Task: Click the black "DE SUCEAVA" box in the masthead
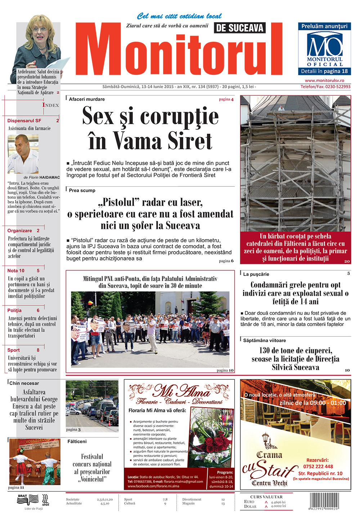tap(239, 28)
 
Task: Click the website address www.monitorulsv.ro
tap(324, 81)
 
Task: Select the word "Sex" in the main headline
tap(98, 116)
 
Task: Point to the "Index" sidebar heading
tap(50, 105)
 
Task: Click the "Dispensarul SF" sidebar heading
tap(24, 121)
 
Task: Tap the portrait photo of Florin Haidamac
tap(23, 154)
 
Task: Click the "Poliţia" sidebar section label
tap(14, 310)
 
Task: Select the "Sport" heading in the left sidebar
tap(14, 350)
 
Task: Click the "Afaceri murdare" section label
tap(87, 99)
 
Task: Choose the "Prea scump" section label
tap(82, 190)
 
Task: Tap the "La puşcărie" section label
tap(256, 274)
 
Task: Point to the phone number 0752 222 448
tap(318, 467)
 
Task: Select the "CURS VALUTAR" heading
tap(266, 497)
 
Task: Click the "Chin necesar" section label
tap(24, 383)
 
